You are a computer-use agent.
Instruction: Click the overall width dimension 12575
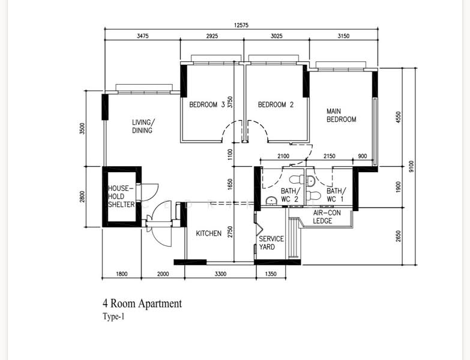pyautogui.click(x=241, y=25)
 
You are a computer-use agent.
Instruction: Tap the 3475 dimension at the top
pyautogui.click(x=143, y=36)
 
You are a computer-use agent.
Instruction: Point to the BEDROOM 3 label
pyautogui.click(x=207, y=105)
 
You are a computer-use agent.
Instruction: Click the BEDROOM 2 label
pyautogui.click(x=276, y=105)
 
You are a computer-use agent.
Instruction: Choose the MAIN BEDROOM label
pyautogui.click(x=341, y=115)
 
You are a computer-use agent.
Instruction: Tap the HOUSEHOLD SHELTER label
pyautogui.click(x=121, y=196)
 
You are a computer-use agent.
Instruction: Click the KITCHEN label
pyautogui.click(x=209, y=233)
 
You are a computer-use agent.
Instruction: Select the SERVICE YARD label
pyautogui.click(x=271, y=243)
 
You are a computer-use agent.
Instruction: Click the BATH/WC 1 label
pyautogui.click(x=336, y=195)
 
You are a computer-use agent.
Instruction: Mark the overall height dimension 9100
pyautogui.click(x=411, y=166)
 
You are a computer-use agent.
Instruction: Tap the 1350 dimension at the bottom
pyautogui.click(x=271, y=274)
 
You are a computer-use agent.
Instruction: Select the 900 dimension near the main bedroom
pyautogui.click(x=363, y=156)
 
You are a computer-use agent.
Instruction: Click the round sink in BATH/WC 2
pyautogui.click(x=271, y=200)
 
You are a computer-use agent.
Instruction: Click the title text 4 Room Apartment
pyautogui.click(x=142, y=304)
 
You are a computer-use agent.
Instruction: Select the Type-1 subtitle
pyautogui.click(x=113, y=317)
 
